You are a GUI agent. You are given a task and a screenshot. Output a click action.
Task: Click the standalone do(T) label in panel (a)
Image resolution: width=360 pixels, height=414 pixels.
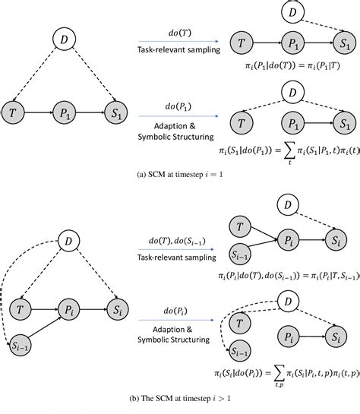(178, 33)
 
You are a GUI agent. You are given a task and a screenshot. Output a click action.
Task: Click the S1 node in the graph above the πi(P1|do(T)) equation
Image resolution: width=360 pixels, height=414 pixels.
(346, 45)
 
